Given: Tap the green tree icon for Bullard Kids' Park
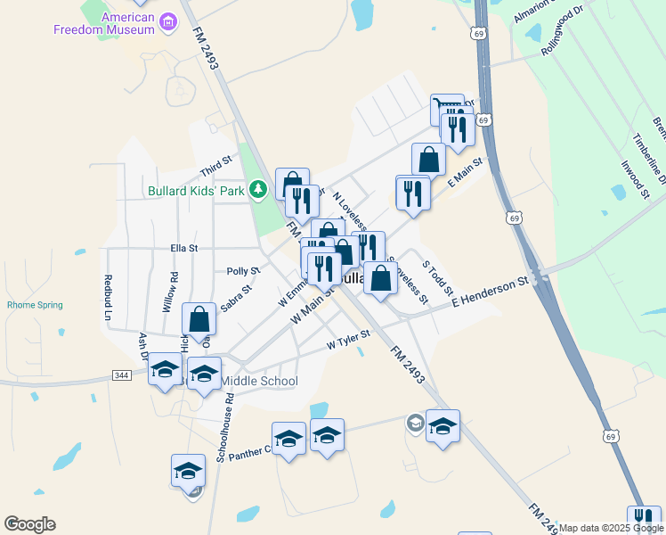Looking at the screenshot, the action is (x=258, y=189).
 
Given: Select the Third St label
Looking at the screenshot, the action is (x=215, y=166).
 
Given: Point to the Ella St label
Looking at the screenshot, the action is (x=183, y=249).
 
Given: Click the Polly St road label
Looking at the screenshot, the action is (x=243, y=270).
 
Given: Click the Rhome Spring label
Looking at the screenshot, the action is (x=35, y=305).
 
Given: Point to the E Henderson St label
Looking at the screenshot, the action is (x=490, y=292).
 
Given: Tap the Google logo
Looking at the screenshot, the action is (x=29, y=524).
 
